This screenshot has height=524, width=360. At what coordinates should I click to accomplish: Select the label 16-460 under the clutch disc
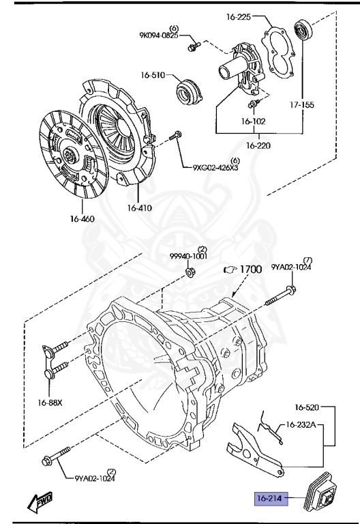point(81,219)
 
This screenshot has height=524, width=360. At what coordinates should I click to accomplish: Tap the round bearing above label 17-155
point(301,31)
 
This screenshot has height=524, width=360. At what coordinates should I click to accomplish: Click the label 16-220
point(259,145)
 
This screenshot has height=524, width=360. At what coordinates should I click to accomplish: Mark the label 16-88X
point(49,402)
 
